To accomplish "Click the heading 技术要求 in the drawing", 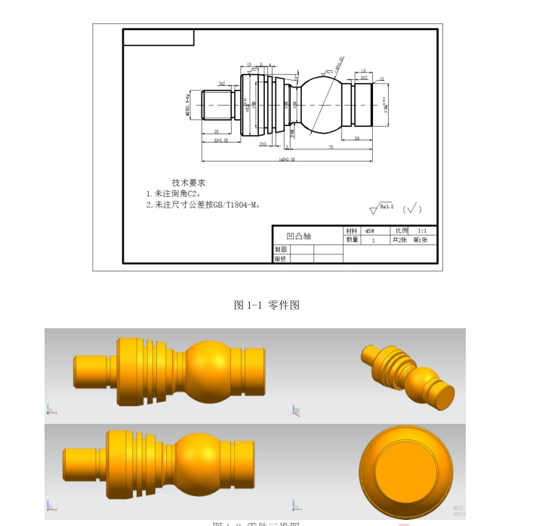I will click(188, 183).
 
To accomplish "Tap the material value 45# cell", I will click(370, 231).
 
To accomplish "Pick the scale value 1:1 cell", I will click(422, 230).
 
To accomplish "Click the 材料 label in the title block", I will click(352, 231).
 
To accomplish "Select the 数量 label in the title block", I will click(352, 240).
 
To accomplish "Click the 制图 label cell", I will click(281, 249).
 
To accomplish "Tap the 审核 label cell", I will click(281, 259).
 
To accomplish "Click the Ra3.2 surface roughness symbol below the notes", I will click(381, 208).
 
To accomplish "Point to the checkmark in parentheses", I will click(412, 208).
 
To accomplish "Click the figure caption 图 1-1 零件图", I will click(267, 305).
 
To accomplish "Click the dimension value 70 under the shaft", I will click(331, 148).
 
